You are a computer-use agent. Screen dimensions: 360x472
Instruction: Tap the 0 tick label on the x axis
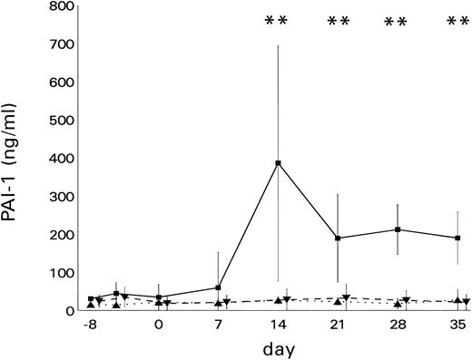click(159, 325)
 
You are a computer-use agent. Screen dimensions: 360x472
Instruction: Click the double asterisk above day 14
click(275, 22)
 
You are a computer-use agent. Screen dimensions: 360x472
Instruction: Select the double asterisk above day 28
click(396, 22)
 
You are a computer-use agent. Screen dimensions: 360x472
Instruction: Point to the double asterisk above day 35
click(457, 22)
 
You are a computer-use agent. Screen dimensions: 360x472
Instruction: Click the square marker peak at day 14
click(278, 163)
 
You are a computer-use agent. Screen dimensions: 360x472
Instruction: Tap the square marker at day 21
click(338, 238)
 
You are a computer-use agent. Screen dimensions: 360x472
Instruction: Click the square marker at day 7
click(218, 287)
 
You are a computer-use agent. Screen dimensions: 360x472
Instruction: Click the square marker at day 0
click(159, 297)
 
